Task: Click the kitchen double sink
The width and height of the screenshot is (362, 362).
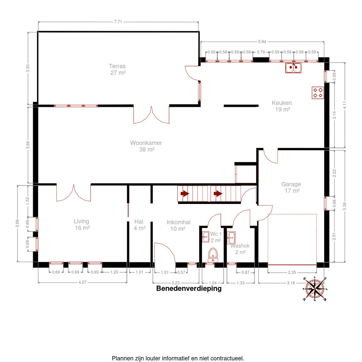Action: (x=293, y=68)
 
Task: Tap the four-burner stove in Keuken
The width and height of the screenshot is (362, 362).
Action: (x=318, y=93)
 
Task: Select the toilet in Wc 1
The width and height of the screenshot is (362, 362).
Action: (x=213, y=255)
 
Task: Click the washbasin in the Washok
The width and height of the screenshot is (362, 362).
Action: (x=231, y=238)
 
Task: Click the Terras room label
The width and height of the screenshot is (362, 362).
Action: (x=117, y=69)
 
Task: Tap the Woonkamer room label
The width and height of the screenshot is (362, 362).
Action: (x=146, y=146)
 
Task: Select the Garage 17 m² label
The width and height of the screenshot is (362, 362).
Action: (x=291, y=187)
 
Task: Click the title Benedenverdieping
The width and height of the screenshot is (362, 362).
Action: (x=189, y=289)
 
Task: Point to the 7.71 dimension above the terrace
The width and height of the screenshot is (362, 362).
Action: (x=118, y=22)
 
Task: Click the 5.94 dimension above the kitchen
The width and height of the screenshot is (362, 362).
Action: (x=262, y=42)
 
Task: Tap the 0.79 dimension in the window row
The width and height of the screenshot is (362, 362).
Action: (x=261, y=52)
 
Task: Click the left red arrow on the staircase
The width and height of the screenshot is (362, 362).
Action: (x=185, y=193)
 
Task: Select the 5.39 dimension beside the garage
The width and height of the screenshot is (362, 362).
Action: (x=345, y=206)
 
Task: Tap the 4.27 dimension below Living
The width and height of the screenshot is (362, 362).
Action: (x=82, y=282)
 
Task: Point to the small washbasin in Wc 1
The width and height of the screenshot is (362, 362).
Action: (x=205, y=237)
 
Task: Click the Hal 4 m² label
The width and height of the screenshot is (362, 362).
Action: (x=139, y=225)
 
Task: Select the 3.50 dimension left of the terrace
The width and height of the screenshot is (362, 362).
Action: (x=28, y=68)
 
